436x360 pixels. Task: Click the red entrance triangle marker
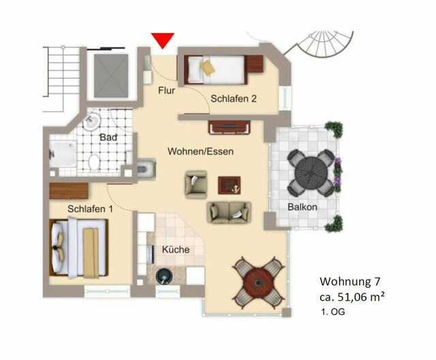163,40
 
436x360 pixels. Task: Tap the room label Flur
166,90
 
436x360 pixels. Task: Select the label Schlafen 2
233,99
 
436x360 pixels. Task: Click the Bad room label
108,137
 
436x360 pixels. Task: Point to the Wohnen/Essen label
201,152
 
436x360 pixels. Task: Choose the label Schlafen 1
91,208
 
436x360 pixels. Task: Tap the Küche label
175,250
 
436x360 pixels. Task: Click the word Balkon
302,206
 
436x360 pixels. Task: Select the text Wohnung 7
351,281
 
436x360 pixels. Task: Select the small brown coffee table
229,184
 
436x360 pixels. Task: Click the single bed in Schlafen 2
214,67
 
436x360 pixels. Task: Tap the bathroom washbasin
93,122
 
